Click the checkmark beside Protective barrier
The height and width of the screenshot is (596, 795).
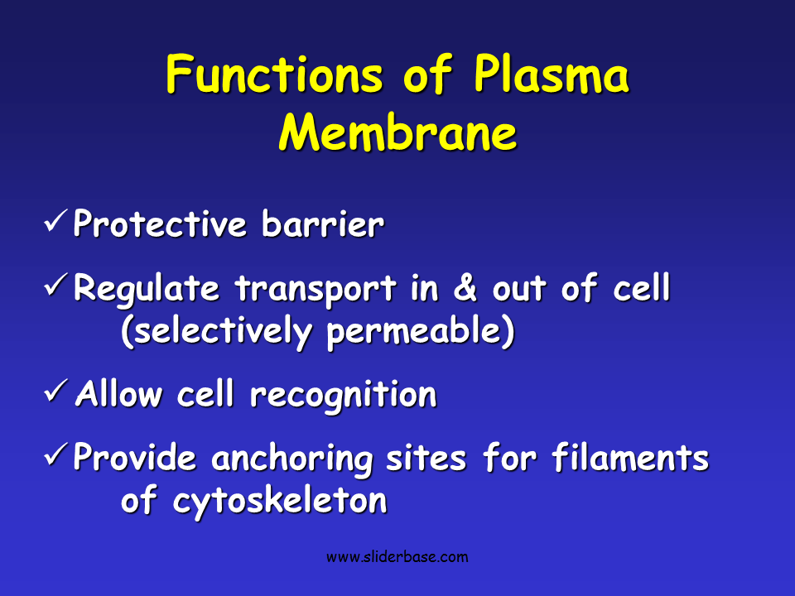point(56,222)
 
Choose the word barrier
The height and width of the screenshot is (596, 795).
point(322,224)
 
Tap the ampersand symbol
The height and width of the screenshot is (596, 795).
point(465,289)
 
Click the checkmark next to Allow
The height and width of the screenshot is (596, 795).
point(56,392)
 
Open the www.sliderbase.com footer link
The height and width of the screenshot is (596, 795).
point(397,557)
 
